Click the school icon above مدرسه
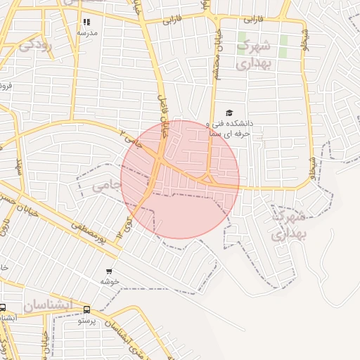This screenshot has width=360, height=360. pos(86,22)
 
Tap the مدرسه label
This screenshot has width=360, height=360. pos(86,33)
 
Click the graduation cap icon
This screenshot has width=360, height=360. pos(229,112)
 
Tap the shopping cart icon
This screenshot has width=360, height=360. pos(108,271)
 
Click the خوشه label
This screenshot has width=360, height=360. pos(108,281)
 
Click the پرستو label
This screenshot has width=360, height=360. pos(86,320)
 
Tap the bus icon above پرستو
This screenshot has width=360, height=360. pos(86,309)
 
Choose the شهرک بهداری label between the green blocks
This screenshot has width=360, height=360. pos(252,55)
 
